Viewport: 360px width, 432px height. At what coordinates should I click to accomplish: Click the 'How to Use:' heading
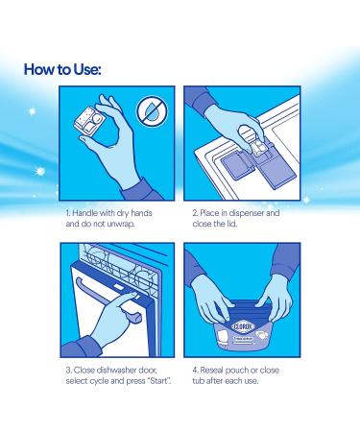[62, 70]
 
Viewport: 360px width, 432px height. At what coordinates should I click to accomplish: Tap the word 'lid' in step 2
[231, 224]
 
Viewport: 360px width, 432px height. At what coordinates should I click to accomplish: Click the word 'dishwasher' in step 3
[116, 371]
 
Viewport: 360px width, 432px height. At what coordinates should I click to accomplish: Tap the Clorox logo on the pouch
[243, 326]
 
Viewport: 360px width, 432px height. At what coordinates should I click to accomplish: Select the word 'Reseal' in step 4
[211, 371]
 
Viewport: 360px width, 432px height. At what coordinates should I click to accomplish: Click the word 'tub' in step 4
[198, 381]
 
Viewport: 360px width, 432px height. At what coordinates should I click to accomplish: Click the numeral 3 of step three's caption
[68, 371]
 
